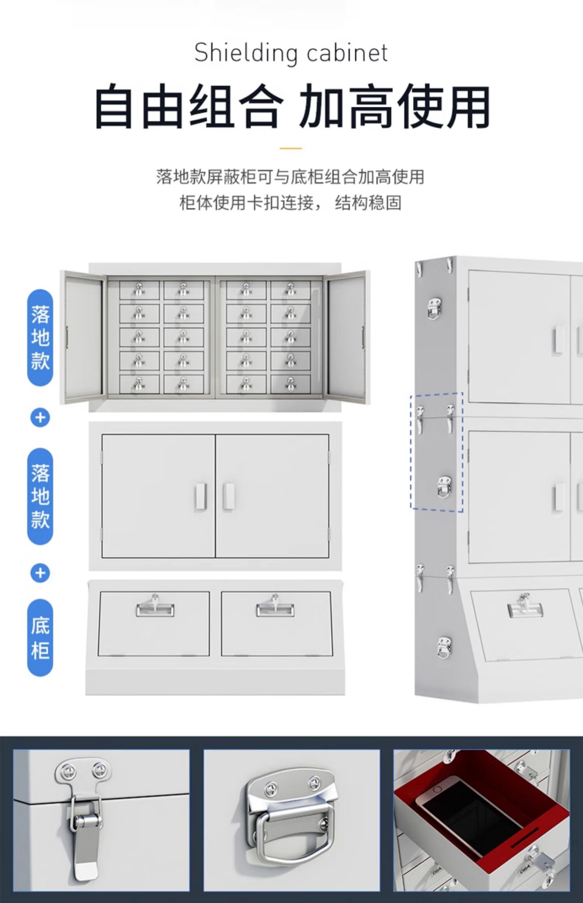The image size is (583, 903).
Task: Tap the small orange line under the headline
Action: tap(291, 148)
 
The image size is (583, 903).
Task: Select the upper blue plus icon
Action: tap(40, 418)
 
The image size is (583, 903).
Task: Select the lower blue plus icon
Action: tap(40, 573)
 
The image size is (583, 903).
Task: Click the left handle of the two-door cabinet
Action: tap(200, 496)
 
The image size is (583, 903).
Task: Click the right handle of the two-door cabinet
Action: tap(229, 496)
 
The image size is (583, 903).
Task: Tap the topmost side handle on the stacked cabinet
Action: tap(434, 308)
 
